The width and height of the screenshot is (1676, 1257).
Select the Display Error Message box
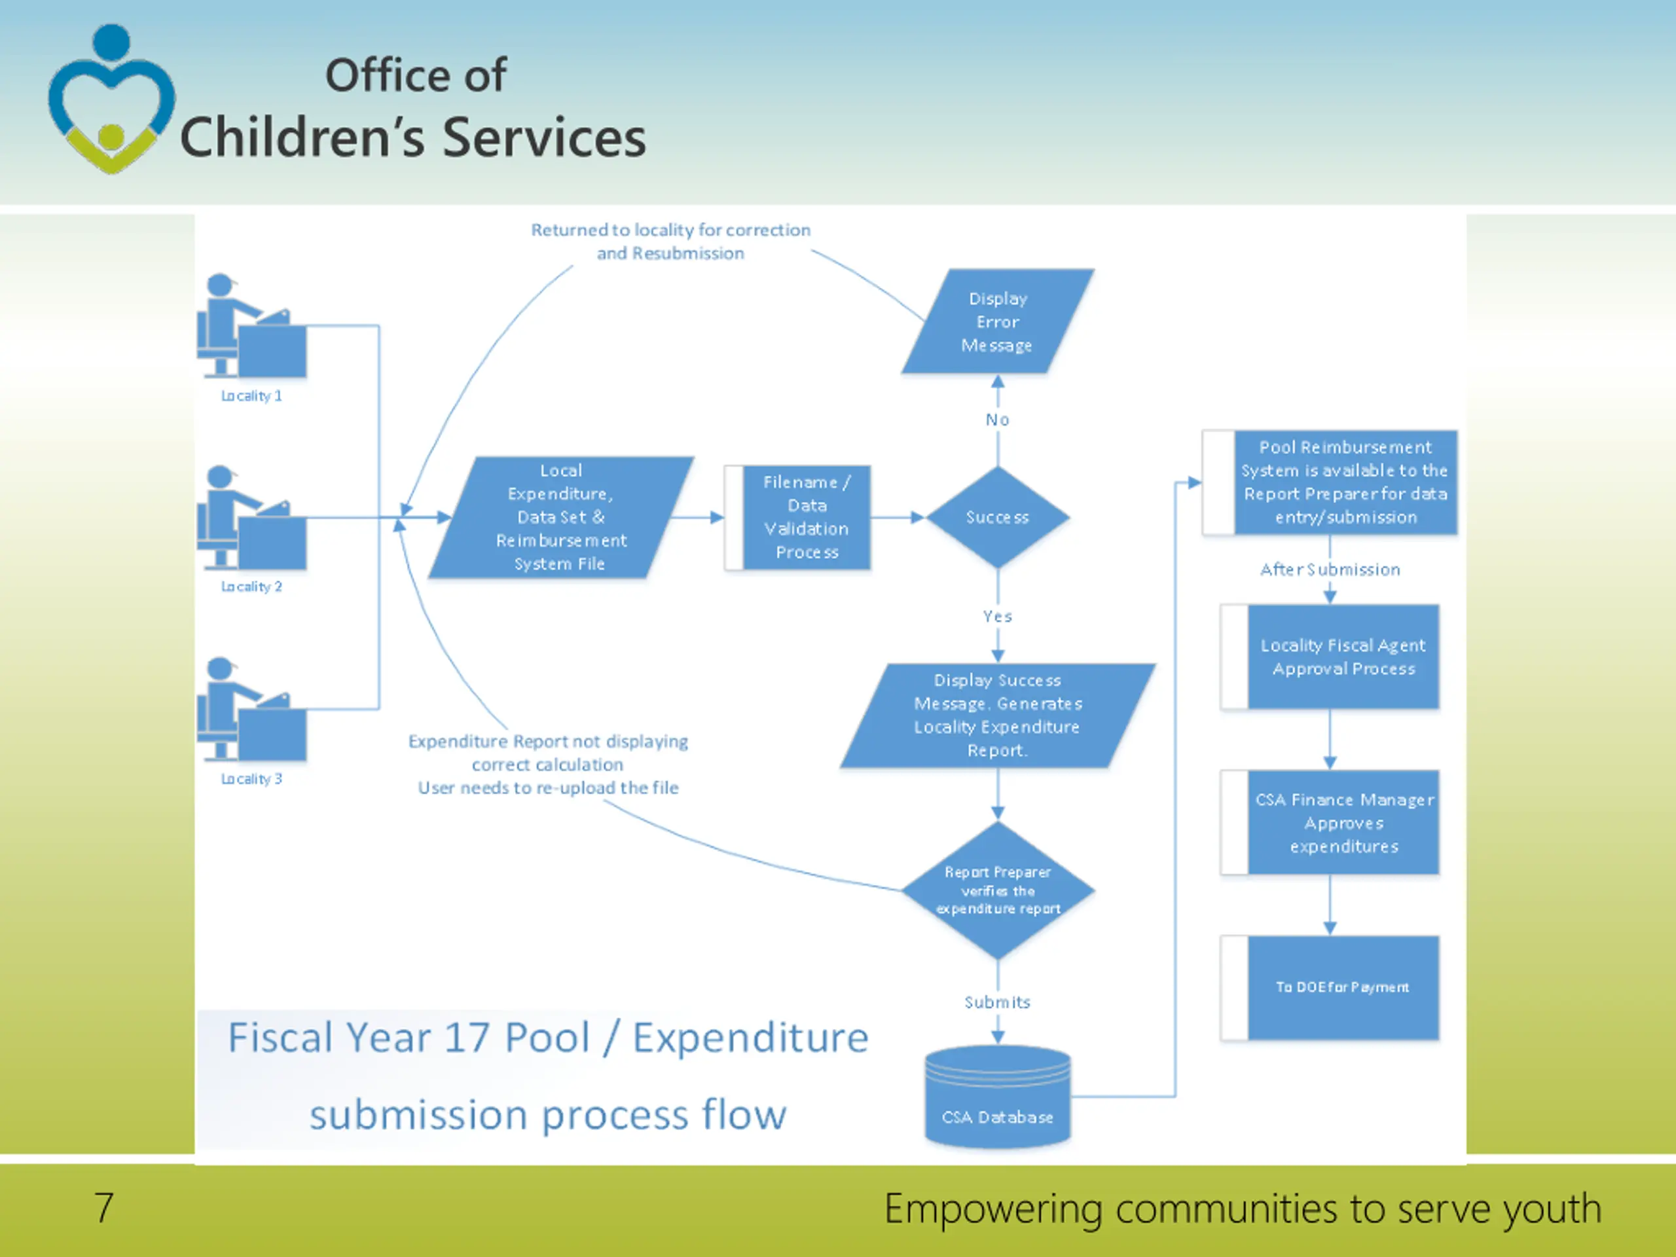click(x=997, y=322)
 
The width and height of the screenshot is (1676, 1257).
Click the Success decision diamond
click(x=997, y=517)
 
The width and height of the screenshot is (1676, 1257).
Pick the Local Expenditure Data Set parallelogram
click(x=560, y=517)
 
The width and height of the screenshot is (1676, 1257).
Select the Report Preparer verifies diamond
click(x=997, y=890)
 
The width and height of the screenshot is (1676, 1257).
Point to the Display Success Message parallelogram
click(x=997, y=716)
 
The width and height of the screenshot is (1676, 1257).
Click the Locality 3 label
click(x=251, y=779)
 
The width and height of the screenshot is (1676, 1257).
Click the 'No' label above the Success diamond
click(x=997, y=420)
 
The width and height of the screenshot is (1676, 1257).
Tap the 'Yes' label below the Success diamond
click(x=997, y=617)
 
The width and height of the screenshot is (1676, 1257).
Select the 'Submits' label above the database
click(x=997, y=1002)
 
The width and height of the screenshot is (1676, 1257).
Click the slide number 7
click(x=104, y=1208)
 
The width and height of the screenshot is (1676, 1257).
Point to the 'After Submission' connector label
click(x=1330, y=570)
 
